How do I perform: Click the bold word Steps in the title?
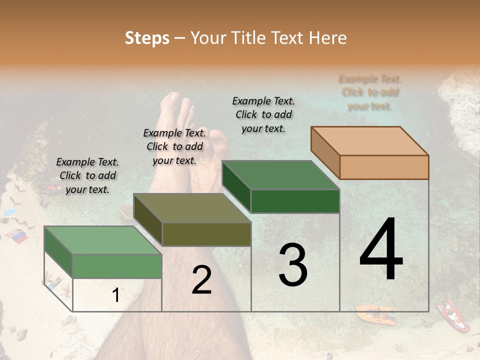point(147,38)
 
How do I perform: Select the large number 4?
point(381,250)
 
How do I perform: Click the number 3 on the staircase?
point(293,265)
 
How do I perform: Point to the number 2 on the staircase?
point(201,280)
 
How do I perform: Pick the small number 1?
point(116,295)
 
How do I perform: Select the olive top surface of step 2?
point(192,208)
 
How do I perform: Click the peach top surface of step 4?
point(370,141)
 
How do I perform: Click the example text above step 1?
point(87,175)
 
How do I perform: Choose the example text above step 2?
point(174,146)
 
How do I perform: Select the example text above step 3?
point(263,114)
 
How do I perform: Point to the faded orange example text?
point(370,92)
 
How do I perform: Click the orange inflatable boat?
point(376,315)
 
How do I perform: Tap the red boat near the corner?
point(452,315)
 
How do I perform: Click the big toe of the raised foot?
point(173,98)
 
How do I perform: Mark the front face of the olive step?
point(206,234)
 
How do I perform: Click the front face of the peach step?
point(384,167)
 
